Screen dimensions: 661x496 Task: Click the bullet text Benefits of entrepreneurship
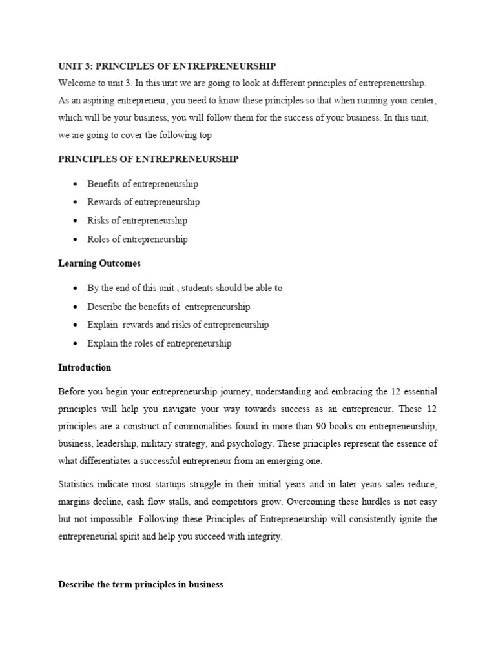[143, 184]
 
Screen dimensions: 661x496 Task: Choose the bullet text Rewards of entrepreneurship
[143, 202]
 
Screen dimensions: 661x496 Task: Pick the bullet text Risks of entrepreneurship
[137, 221]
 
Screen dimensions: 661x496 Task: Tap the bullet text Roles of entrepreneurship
[138, 239]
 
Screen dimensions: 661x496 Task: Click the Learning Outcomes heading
[99, 263]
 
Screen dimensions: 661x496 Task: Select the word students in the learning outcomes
[193, 289]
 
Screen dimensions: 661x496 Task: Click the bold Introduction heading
[85, 367]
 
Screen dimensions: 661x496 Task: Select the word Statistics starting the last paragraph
[80, 484]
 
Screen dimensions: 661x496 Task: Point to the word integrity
[263, 537]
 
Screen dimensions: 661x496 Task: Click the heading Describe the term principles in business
[140, 585]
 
